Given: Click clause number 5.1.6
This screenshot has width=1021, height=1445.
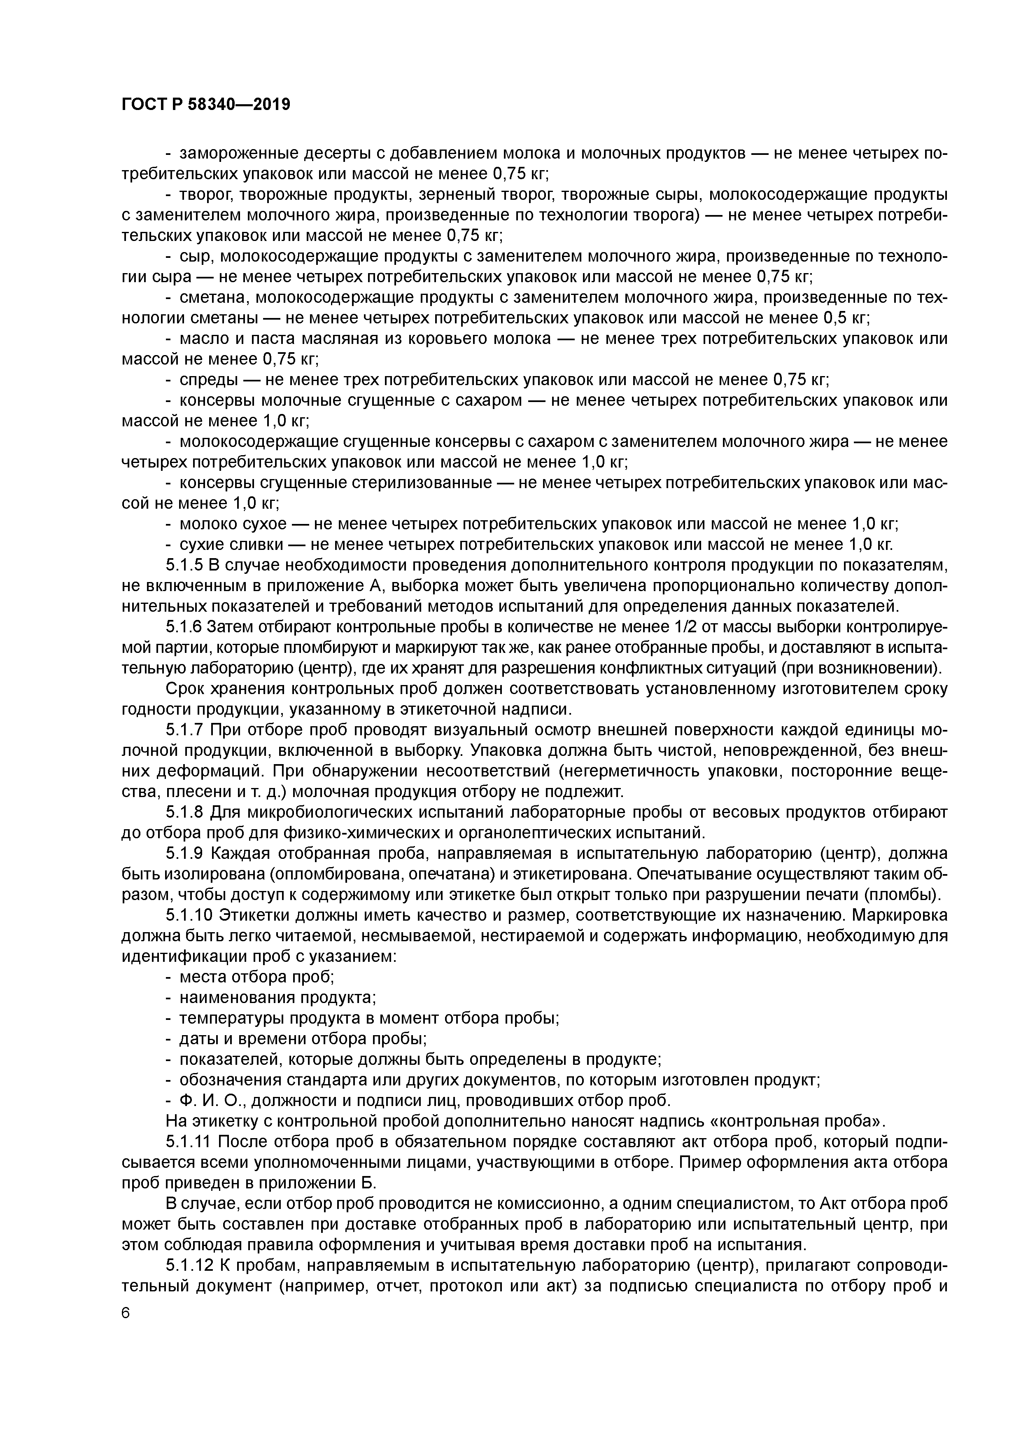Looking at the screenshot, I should click(186, 627).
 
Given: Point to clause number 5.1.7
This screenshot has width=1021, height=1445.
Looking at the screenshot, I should click(186, 730).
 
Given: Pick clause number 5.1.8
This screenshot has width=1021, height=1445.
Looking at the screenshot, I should click(186, 812).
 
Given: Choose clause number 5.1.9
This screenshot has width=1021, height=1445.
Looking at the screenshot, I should click(186, 853).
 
